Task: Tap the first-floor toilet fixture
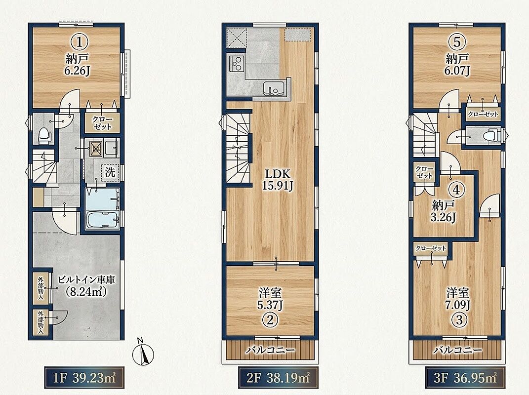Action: (44, 135)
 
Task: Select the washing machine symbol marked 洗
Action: (110, 172)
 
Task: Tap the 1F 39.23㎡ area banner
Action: (84, 377)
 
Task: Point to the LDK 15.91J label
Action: (278, 180)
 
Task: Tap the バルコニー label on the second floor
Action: (270, 350)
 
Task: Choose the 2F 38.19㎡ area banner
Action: (278, 377)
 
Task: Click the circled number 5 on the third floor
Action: (457, 42)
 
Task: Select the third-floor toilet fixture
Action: (491, 136)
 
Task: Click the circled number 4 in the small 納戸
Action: (456, 190)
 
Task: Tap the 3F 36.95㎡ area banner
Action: (465, 377)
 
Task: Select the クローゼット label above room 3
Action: (431, 248)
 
